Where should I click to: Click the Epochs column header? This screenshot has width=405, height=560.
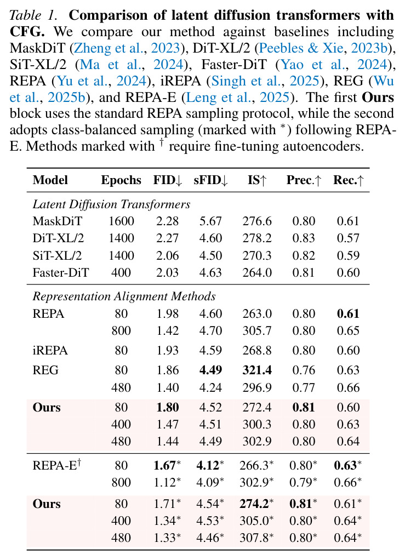(x=121, y=180)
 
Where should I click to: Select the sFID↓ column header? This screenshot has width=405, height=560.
(x=210, y=180)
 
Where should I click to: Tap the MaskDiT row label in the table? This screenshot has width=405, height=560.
(x=57, y=221)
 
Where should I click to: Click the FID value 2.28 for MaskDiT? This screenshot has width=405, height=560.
(x=167, y=221)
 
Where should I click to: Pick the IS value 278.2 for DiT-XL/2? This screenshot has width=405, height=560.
(x=257, y=238)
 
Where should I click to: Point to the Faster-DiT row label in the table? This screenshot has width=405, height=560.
(x=61, y=272)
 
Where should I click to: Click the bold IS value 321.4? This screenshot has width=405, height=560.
(x=257, y=370)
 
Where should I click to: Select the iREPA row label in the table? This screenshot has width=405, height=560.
(x=50, y=350)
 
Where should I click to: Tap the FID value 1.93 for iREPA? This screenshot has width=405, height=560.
(x=167, y=350)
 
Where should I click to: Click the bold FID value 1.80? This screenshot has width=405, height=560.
(x=167, y=407)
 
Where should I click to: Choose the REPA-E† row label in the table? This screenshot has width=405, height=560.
(x=57, y=465)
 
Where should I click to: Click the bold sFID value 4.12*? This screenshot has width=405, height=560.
(x=210, y=465)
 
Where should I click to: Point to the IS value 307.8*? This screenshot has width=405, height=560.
(x=256, y=538)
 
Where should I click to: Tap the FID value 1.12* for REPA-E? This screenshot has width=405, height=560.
(x=167, y=482)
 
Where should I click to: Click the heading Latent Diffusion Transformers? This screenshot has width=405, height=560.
(x=111, y=204)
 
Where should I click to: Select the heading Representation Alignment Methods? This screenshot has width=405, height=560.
(x=124, y=296)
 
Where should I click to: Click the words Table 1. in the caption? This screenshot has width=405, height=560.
(x=33, y=15)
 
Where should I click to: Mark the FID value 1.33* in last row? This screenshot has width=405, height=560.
(x=167, y=538)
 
